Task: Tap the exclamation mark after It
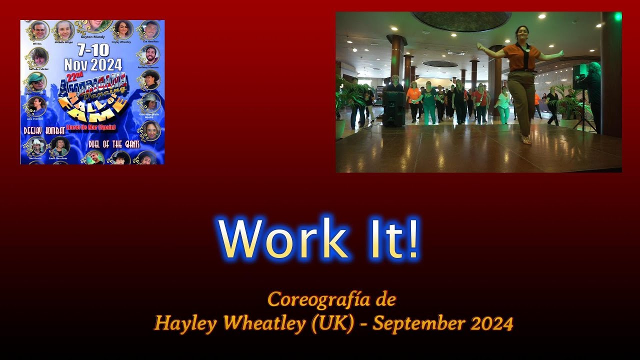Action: point(412,239)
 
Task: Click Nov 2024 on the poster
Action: point(93,65)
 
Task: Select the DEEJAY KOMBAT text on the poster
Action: point(44,130)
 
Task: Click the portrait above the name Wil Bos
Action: point(39,30)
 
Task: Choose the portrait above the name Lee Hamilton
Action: point(150,30)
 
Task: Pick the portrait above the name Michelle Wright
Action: point(64,30)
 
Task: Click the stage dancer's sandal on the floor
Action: point(526,140)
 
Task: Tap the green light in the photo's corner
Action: point(618,16)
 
